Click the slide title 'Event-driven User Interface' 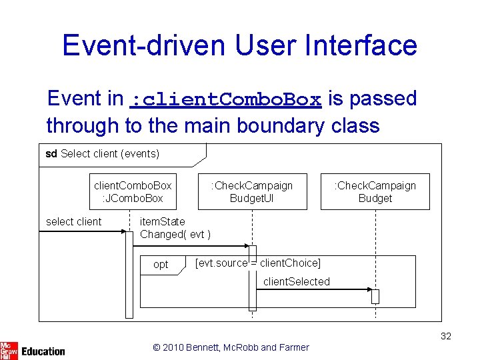tap(239, 45)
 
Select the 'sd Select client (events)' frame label tap(102, 154)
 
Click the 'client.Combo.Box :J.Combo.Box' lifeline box tap(132, 192)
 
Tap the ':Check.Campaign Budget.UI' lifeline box tap(252, 192)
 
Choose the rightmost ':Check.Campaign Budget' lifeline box tap(375, 192)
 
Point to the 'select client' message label tap(73, 222)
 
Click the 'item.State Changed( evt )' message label tap(175, 228)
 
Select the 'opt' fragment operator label tap(161, 265)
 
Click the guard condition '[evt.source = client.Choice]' tap(257, 263)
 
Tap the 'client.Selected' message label tap(296, 282)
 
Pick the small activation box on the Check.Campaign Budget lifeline tap(375, 297)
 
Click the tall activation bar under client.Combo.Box tap(129, 273)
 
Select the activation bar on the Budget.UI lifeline tap(253, 278)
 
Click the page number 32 tap(445, 336)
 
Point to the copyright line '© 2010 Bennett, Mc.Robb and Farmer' tap(231, 347)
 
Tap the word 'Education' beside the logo tap(43, 351)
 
